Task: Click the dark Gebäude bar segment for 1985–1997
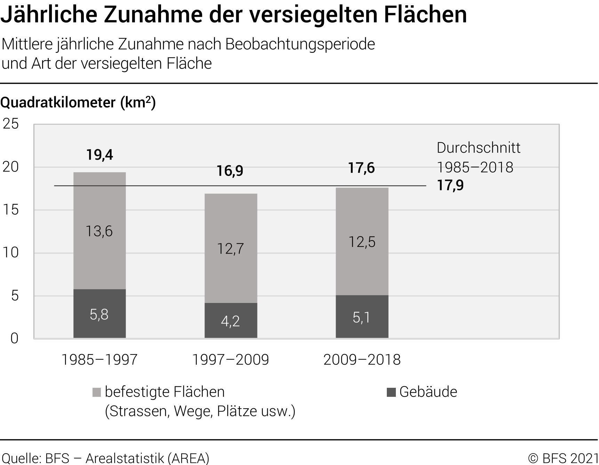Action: click(x=99, y=313)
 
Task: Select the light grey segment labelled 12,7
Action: click(x=231, y=248)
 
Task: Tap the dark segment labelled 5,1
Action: click(x=362, y=317)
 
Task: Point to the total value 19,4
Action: click(x=99, y=155)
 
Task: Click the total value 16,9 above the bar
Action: click(x=230, y=171)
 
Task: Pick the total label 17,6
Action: click(x=361, y=168)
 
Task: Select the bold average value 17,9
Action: click(x=450, y=185)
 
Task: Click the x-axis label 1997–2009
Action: click(x=231, y=360)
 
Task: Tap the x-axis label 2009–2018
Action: click(x=362, y=360)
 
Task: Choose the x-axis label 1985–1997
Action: click(x=99, y=360)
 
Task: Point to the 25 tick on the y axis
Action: click(x=11, y=124)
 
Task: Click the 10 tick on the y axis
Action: click(x=11, y=252)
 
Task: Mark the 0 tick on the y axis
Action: click(x=14, y=338)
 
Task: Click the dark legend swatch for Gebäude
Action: click(x=391, y=393)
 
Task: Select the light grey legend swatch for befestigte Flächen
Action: click(x=96, y=393)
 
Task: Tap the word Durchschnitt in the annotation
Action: click(x=478, y=148)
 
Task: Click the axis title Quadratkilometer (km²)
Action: click(x=78, y=103)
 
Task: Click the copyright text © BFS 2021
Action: click(x=562, y=458)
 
